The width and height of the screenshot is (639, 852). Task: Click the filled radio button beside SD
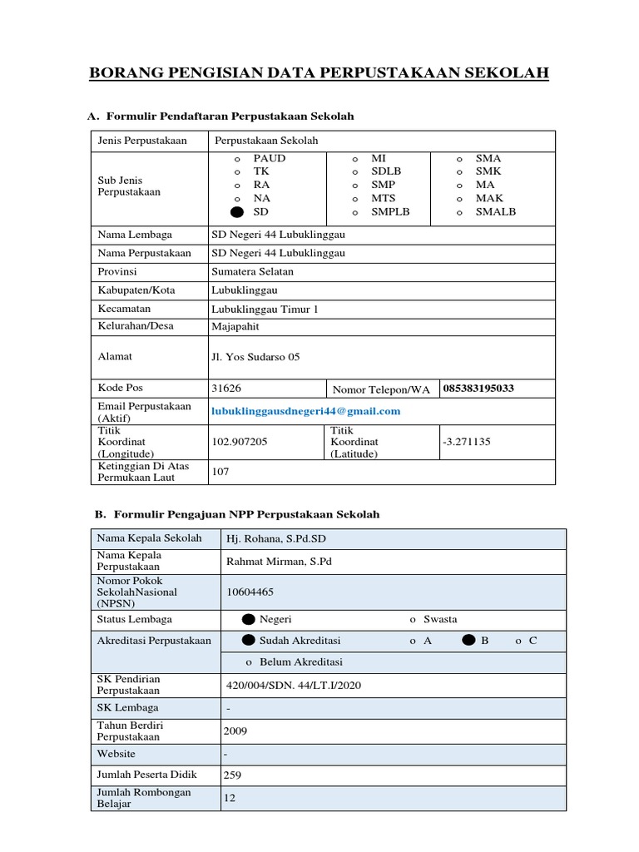coord(237,213)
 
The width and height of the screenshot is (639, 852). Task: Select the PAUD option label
coord(269,158)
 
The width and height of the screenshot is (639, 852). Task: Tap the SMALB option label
coord(495,212)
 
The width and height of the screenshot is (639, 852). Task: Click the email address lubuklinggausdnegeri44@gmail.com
coord(306,411)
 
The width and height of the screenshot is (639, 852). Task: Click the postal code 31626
coord(227,389)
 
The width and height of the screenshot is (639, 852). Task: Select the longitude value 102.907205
coord(240,442)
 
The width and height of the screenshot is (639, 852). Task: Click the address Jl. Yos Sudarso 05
coord(255,357)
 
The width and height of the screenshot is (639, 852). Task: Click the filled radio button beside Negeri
coord(248,620)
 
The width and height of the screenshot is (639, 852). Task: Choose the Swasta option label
coord(440,620)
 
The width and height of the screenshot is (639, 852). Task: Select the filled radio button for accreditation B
coord(468,641)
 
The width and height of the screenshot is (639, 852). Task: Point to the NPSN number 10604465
coord(250,592)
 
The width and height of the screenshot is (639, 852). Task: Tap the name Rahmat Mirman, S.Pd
coord(279,562)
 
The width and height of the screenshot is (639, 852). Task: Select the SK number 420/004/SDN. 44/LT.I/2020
coord(294,685)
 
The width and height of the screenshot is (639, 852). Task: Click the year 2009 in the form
coord(235,731)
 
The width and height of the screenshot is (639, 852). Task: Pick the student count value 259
coord(232,775)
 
